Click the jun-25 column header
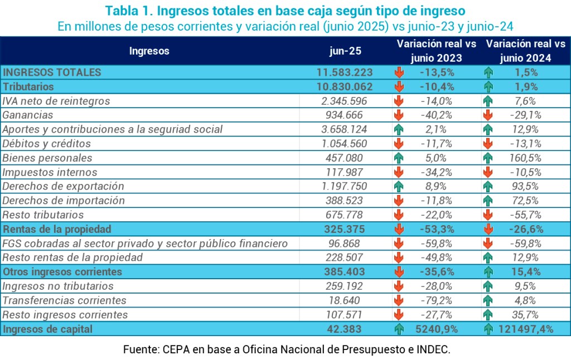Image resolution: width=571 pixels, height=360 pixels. (x=344, y=51)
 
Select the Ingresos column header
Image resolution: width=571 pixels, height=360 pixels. (x=149, y=51)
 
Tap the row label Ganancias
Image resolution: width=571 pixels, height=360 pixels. (x=28, y=115)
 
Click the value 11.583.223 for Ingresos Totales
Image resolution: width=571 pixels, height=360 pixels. (x=344, y=72)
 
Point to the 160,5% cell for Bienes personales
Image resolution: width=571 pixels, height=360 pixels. (x=526, y=158)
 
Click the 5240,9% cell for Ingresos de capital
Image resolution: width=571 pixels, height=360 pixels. (x=437, y=329)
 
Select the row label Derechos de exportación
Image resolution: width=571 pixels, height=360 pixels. (x=63, y=186)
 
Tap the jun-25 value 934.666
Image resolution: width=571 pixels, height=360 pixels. (x=344, y=115)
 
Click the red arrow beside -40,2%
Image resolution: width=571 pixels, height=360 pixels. (x=399, y=115)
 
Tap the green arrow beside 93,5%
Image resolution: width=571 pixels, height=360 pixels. (x=488, y=186)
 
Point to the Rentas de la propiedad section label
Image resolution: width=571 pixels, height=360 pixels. (x=57, y=229)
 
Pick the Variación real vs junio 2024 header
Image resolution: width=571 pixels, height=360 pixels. (x=526, y=51)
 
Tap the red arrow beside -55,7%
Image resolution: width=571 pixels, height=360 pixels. (x=488, y=215)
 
